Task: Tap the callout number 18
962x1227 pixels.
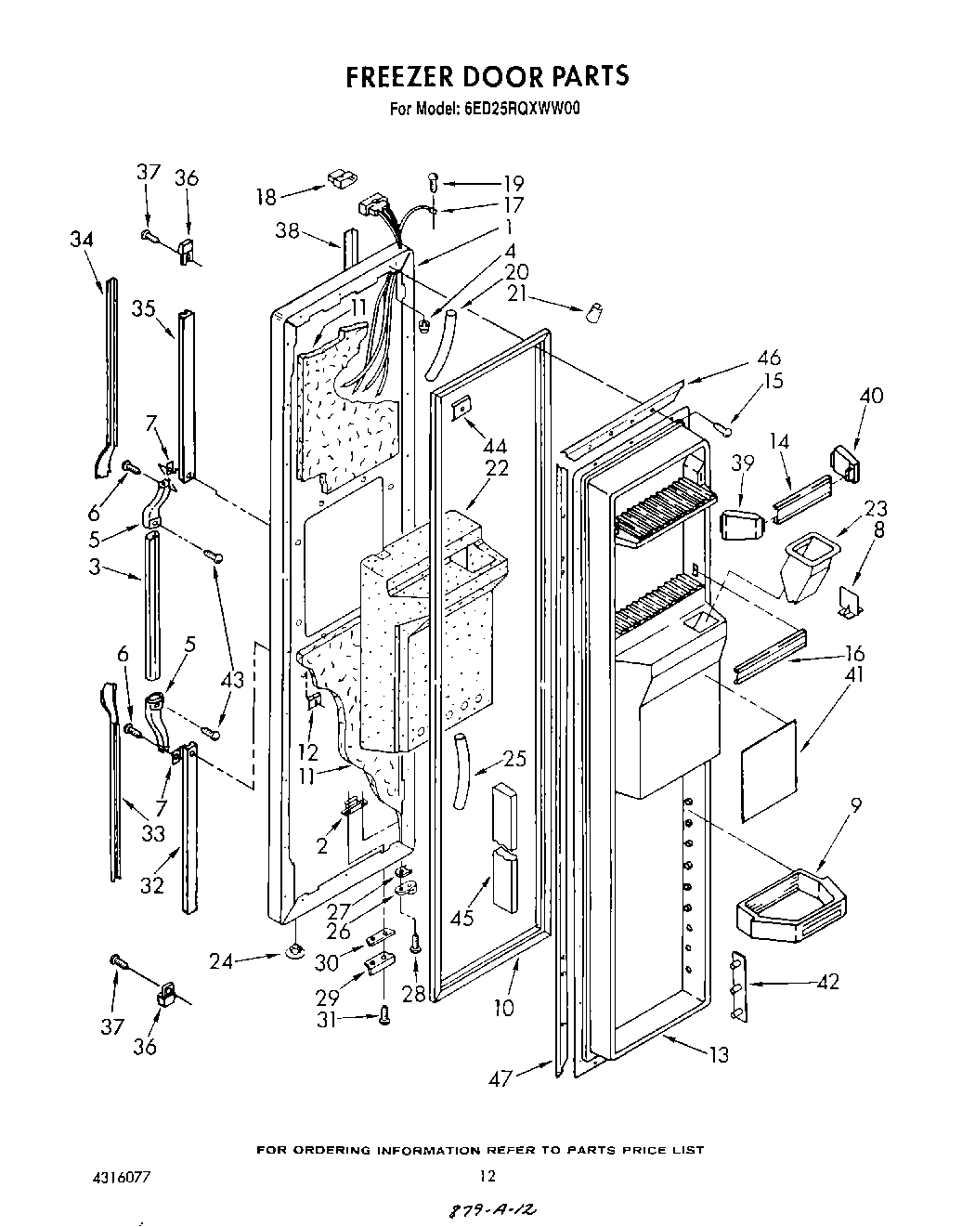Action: pyautogui.click(x=266, y=196)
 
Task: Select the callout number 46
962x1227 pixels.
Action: pyautogui.click(x=769, y=358)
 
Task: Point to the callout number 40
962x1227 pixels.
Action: pyautogui.click(x=871, y=396)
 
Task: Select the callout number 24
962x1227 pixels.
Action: pyautogui.click(x=221, y=961)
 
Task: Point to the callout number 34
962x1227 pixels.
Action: pyautogui.click(x=81, y=239)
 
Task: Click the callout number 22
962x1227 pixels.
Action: pyautogui.click(x=497, y=469)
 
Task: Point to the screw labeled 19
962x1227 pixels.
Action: pyautogui.click(x=434, y=183)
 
